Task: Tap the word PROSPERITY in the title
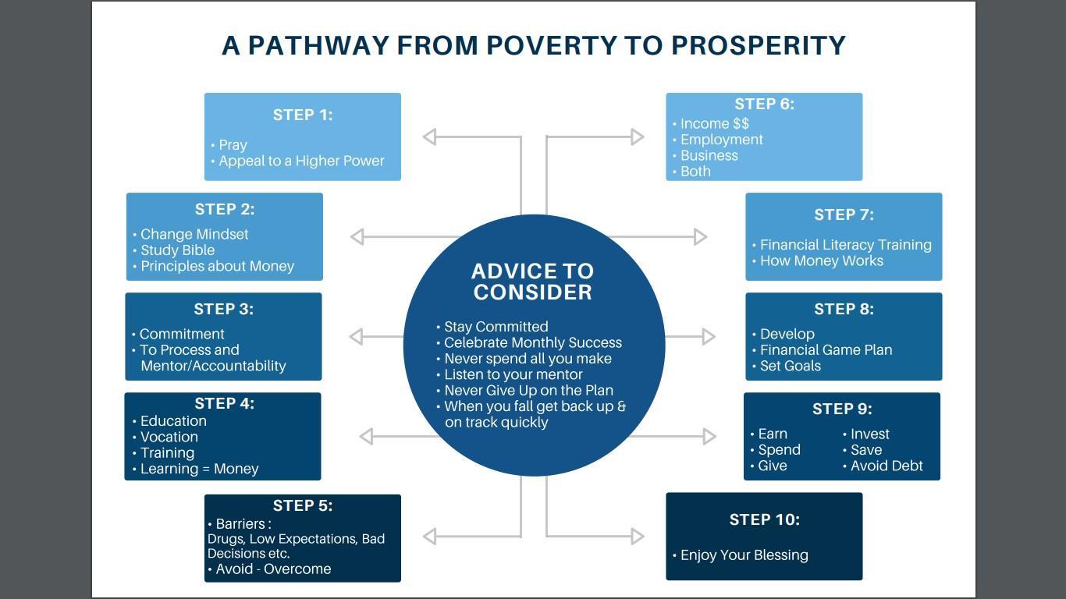coord(758,46)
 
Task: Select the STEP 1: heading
coord(303,115)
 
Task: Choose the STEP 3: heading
coord(224,309)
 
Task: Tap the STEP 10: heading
coord(765,519)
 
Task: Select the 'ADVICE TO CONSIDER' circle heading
coord(532,282)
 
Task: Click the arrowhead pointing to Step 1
coord(429,136)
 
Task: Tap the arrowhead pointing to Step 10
coord(638,536)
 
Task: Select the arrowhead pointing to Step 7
coord(701,236)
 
